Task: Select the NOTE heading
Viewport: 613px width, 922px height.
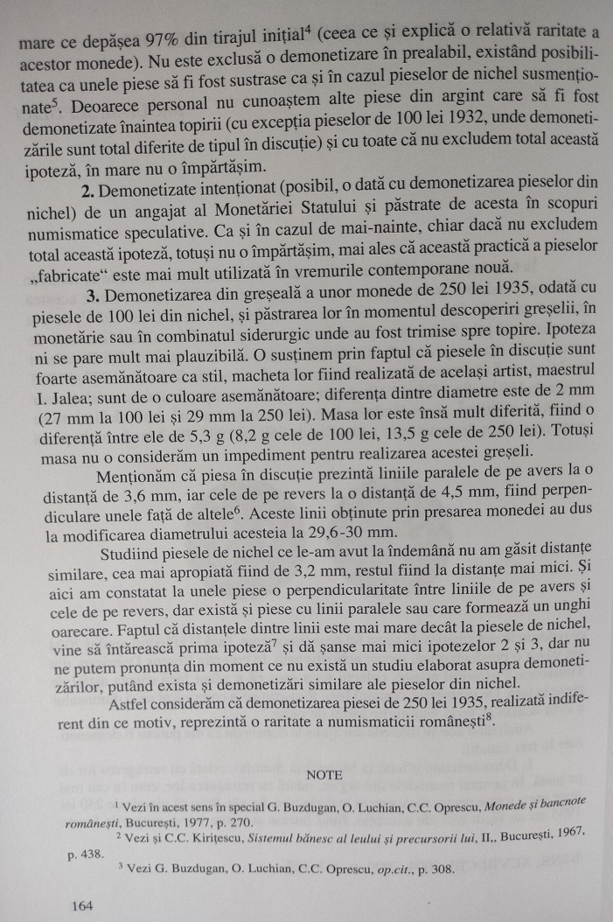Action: [324, 773]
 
